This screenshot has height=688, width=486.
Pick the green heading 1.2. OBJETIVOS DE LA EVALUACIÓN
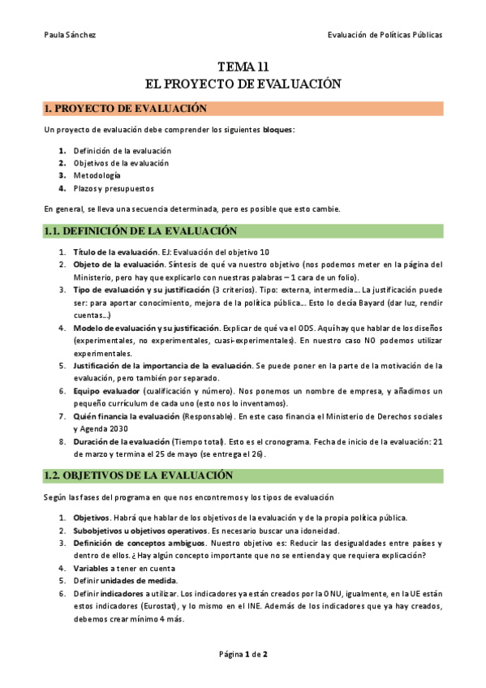[x=138, y=475]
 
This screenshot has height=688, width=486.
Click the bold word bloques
[x=278, y=130]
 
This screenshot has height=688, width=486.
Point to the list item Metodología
[x=97, y=175]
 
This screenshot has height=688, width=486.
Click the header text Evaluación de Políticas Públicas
[x=385, y=35]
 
